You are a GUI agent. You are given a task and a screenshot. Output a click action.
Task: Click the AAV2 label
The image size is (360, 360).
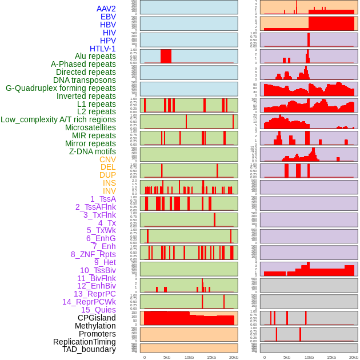pyautogui.click(x=106, y=9)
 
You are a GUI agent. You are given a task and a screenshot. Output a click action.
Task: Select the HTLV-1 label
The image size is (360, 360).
pyautogui.click(x=103, y=49)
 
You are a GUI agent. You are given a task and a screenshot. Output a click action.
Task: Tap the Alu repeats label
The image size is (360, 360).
pyautogui.click(x=95, y=56)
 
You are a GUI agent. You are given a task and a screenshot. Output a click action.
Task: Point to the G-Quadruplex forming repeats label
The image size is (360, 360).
pyautogui.click(x=61, y=88)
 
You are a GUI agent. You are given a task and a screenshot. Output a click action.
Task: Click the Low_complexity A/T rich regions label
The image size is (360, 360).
pyautogui.click(x=58, y=119)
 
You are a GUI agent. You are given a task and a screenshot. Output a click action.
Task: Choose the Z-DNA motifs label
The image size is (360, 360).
pyautogui.click(x=93, y=151)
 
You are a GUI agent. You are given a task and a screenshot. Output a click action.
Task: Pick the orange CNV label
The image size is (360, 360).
pyautogui.click(x=107, y=159)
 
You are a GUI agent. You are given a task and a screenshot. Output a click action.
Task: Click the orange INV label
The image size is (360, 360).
pyautogui.click(x=109, y=191)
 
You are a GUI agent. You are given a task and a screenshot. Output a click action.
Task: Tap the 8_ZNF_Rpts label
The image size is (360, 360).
pyautogui.click(x=93, y=254)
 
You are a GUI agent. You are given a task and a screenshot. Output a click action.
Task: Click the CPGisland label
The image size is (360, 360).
pyautogui.click(x=97, y=318)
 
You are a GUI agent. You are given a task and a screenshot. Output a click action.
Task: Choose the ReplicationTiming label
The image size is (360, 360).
pyautogui.click(x=85, y=342)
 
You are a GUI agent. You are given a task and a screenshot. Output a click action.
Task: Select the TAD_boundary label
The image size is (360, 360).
pyautogui.click(x=89, y=349)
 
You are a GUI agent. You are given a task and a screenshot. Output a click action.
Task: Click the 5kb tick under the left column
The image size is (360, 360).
pyautogui.click(x=167, y=357)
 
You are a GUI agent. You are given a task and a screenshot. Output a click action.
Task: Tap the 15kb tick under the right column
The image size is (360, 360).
pyautogui.click(x=331, y=357)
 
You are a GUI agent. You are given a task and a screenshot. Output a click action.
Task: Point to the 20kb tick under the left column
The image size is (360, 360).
pyautogui.click(x=234, y=357)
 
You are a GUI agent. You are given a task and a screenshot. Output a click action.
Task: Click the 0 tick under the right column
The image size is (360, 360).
pyautogui.click(x=264, y=357)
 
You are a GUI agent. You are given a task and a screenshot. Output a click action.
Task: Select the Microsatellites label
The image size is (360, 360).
pyautogui.click(x=90, y=127)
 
